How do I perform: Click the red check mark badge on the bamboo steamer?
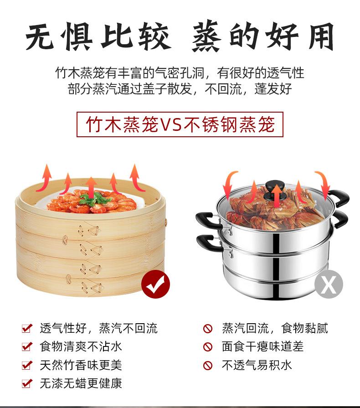[155, 284]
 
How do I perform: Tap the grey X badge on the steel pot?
[329, 284]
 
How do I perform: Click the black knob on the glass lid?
[275, 186]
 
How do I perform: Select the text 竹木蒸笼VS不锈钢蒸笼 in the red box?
[180, 124]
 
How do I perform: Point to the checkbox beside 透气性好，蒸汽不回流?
[27, 328]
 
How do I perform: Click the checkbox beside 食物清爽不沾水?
[27, 346]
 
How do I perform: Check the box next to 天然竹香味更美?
[27, 365]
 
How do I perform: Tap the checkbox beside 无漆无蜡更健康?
[27, 383]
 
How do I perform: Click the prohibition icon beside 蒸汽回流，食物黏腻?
[208, 328]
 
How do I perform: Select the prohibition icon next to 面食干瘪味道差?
[208, 346]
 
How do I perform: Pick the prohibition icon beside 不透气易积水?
[208, 365]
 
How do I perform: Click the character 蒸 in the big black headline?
[207, 36]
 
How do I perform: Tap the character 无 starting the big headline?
[40, 36]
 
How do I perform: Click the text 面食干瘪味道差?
[263, 346]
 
